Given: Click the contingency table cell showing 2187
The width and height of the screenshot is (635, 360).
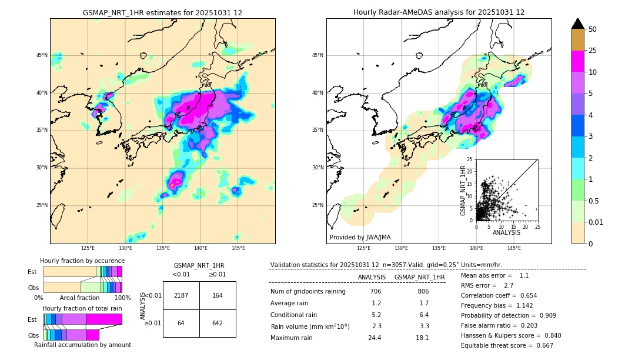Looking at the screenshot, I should tap(181, 295).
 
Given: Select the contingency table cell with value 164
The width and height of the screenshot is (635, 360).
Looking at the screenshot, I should tap(218, 295).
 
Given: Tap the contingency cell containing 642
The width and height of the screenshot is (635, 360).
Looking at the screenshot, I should tap(218, 323).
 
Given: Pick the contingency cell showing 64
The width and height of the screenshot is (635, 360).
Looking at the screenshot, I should tap(181, 323).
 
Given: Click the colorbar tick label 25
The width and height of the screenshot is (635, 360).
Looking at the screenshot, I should tap(593, 51).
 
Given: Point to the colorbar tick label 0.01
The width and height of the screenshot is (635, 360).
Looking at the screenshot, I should tap(595, 222).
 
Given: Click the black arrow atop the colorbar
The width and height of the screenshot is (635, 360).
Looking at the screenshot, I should tap(578, 24).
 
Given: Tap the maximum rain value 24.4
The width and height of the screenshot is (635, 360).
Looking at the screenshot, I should tap(376, 338).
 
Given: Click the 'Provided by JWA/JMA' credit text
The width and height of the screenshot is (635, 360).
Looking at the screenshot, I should tap(360, 238).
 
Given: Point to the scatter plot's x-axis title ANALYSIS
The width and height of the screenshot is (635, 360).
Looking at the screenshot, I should tap(507, 232).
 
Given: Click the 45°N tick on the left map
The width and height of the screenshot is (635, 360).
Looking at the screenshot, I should tap(42, 55).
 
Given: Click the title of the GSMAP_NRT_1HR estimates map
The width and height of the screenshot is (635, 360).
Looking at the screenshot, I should tap(162, 12).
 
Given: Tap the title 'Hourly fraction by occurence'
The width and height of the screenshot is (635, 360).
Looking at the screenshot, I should tap(82, 261).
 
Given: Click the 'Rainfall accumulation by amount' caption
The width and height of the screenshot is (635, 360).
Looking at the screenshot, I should tap(82, 345).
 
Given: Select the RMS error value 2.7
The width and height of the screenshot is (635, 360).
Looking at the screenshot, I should tap(509, 285).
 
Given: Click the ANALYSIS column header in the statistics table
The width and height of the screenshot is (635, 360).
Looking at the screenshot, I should tap(372, 277).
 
